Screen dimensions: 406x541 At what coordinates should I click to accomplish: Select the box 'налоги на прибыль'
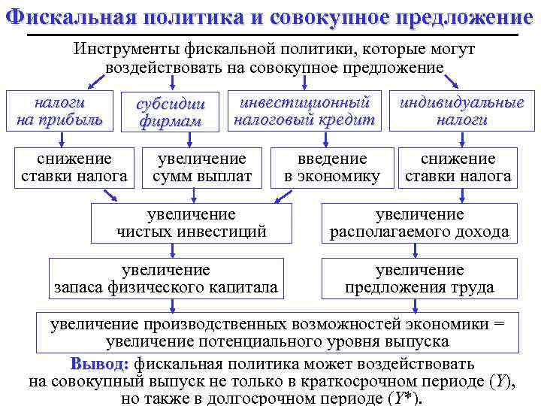(59, 111)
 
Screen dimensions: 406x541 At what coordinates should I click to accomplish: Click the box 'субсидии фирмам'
(171, 112)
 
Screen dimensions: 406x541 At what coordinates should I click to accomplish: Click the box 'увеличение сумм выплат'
(202, 168)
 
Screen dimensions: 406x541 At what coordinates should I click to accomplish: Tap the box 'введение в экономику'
(332, 168)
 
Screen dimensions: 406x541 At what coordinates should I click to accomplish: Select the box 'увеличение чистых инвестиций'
(191, 223)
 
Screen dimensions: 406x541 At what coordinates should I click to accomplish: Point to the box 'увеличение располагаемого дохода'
(419, 223)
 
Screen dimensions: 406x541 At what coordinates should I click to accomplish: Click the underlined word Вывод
(100, 364)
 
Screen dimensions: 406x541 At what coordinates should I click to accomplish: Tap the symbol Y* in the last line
(402, 398)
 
